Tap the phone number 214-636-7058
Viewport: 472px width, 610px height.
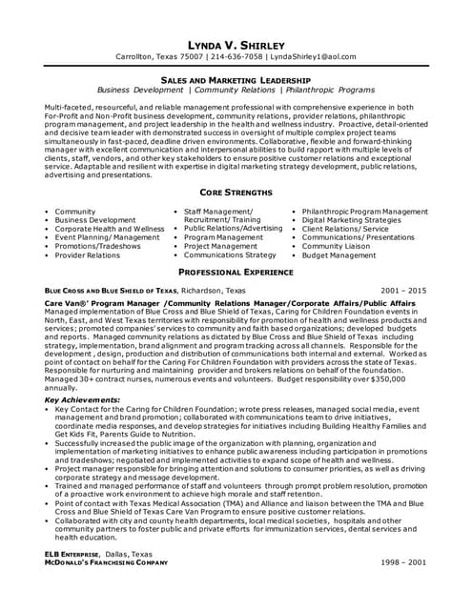click(x=235, y=58)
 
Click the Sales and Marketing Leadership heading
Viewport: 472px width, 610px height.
click(x=236, y=81)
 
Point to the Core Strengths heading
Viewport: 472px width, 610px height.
click(x=236, y=192)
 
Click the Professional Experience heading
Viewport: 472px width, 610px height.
click(x=236, y=272)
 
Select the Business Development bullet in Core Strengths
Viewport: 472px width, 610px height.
click(x=95, y=220)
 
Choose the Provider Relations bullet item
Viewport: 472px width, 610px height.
click(x=88, y=255)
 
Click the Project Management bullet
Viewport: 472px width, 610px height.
click(x=220, y=246)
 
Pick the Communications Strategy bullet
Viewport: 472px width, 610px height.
click(x=230, y=255)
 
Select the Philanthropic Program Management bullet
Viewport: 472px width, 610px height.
click(x=364, y=211)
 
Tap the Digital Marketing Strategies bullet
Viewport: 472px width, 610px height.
click(x=353, y=220)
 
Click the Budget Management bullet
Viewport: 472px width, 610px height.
click(x=339, y=255)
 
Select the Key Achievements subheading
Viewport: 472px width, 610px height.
click(x=82, y=399)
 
